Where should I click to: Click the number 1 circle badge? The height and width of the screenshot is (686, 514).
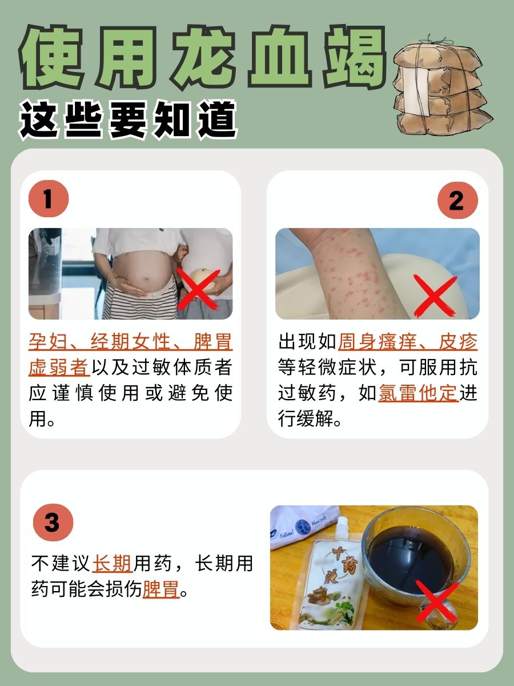click(x=49, y=201)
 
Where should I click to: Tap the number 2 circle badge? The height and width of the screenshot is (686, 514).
click(x=457, y=201)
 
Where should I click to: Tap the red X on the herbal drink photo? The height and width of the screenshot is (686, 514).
click(x=437, y=600)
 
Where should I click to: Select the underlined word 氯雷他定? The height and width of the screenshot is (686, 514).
click(x=418, y=394)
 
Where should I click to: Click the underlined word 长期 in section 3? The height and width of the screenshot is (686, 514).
click(x=113, y=564)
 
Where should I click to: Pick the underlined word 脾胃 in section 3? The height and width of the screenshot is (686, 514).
click(x=161, y=589)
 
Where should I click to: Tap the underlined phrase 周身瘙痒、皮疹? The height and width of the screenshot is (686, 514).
click(x=408, y=342)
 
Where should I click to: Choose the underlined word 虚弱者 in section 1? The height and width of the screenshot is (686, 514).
click(x=59, y=368)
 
